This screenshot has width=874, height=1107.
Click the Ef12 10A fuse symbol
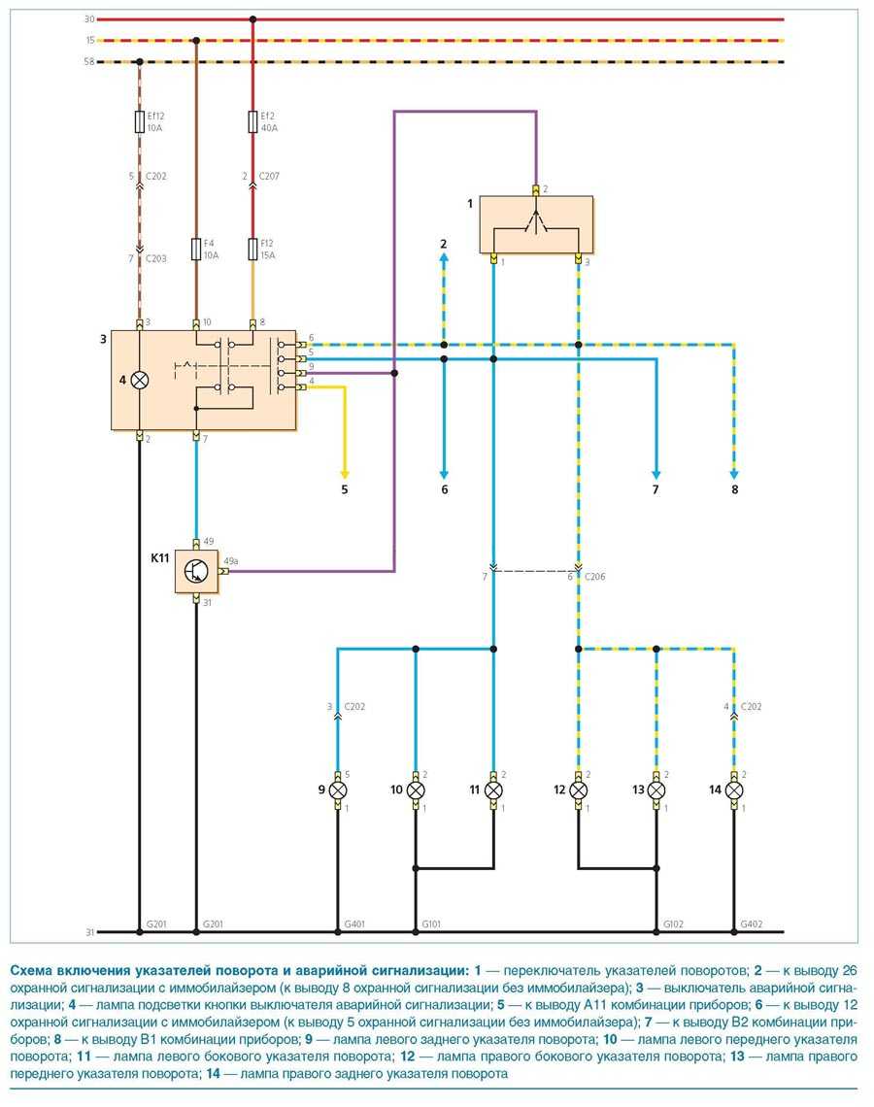[x=140, y=120]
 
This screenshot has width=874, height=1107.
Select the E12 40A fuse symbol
[x=253, y=120]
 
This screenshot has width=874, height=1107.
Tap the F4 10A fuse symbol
[x=196, y=250]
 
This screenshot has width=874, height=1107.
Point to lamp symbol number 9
[x=337, y=790]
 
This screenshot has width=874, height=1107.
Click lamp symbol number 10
[x=416, y=790]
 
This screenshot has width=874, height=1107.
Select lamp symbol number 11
[x=493, y=790]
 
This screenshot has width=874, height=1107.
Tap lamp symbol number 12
[x=578, y=790]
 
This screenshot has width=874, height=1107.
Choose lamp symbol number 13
[x=656, y=790]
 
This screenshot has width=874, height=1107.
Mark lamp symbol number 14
[x=734, y=790]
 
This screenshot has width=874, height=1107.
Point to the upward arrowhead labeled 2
[x=444, y=260]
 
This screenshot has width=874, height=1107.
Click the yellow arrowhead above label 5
[x=344, y=466]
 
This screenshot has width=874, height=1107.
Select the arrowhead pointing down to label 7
[x=655, y=466]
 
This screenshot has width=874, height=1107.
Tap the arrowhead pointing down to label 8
[x=734, y=466]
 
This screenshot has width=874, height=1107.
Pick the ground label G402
[x=751, y=923]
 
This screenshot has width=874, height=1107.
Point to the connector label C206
[x=594, y=577]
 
